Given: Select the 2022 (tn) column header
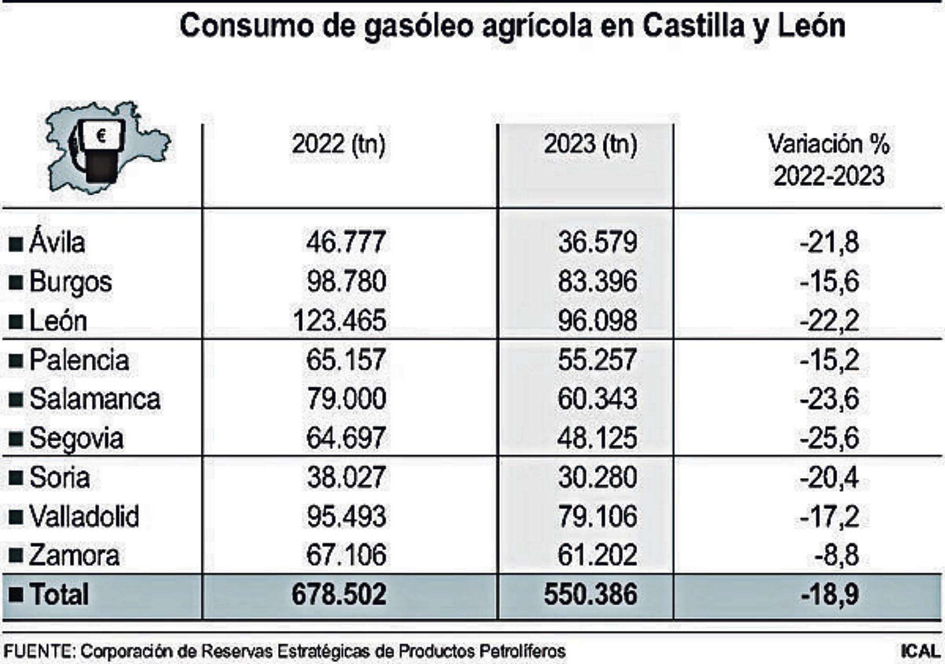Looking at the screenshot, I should pyautogui.click(x=339, y=145).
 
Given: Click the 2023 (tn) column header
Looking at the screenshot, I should pyautogui.click(x=590, y=145).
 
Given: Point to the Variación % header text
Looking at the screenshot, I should pyautogui.click(x=829, y=145).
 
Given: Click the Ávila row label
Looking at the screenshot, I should pyautogui.click(x=57, y=242).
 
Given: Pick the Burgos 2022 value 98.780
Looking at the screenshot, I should pyautogui.click(x=346, y=281).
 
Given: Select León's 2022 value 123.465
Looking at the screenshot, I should pyautogui.click(x=339, y=321).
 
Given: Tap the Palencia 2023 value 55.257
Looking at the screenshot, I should pyautogui.click(x=597, y=360).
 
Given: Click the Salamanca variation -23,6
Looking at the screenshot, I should pyautogui.click(x=829, y=398).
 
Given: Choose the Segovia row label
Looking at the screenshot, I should pyautogui.click(x=76, y=438).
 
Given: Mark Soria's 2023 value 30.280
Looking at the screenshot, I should pyautogui.click(x=597, y=477).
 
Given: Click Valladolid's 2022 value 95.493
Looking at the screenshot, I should pyautogui.click(x=346, y=516).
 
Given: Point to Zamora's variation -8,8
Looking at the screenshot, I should pyautogui.click(x=836, y=555).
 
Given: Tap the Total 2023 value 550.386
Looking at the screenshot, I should pyautogui.click(x=590, y=594).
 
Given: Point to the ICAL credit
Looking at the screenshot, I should pyautogui.click(x=919, y=651).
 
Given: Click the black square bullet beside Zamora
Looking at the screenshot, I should pyautogui.click(x=16, y=556).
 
